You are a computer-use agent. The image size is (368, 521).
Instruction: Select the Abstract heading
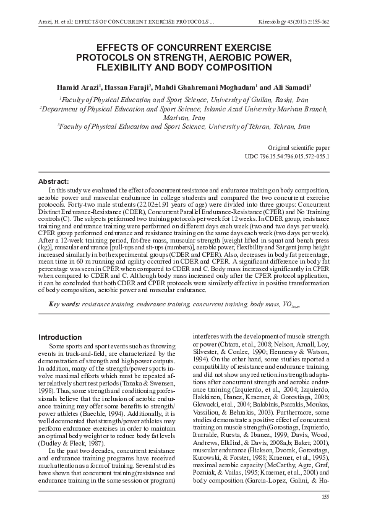[x=53, y=181]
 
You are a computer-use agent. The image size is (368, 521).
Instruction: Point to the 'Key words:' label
[x=64, y=304]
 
